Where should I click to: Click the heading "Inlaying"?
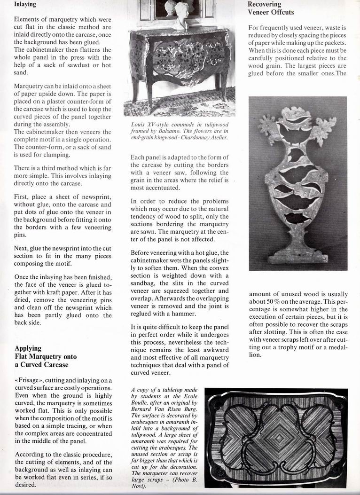tap(25, 5)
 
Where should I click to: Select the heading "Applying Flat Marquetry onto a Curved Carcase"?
tap(45, 356)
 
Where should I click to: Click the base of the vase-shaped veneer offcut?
tap(297, 257)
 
